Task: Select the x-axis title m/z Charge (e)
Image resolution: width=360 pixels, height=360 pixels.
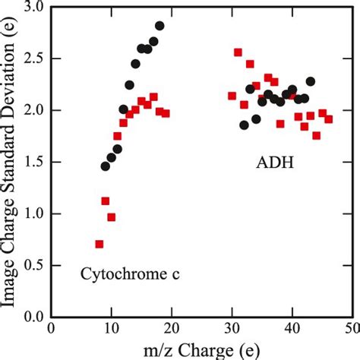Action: pyautogui.click(x=201, y=349)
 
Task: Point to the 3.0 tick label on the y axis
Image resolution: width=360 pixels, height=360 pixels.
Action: pyautogui.click(x=33, y=8)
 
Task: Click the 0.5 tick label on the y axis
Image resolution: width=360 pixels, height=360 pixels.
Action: pyautogui.click(x=33, y=266)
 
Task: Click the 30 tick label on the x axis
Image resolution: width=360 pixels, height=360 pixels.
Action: pyautogui.click(x=232, y=329)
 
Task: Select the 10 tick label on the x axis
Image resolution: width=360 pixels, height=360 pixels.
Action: pyautogui.click(x=111, y=329)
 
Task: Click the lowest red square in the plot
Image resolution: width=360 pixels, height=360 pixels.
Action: pyautogui.click(x=99, y=244)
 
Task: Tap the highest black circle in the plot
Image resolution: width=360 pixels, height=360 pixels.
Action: pyautogui.click(x=159, y=25)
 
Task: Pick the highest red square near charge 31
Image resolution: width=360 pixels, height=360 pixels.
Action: pyautogui.click(x=238, y=52)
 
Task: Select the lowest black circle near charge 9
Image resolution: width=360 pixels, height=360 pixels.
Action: pyautogui.click(x=106, y=166)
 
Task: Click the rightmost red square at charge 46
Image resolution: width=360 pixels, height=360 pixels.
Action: pyautogui.click(x=328, y=119)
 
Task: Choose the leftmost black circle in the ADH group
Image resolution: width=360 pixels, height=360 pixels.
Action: pyautogui.click(x=244, y=125)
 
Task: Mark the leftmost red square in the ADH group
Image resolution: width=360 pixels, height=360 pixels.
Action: pyautogui.click(x=232, y=96)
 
